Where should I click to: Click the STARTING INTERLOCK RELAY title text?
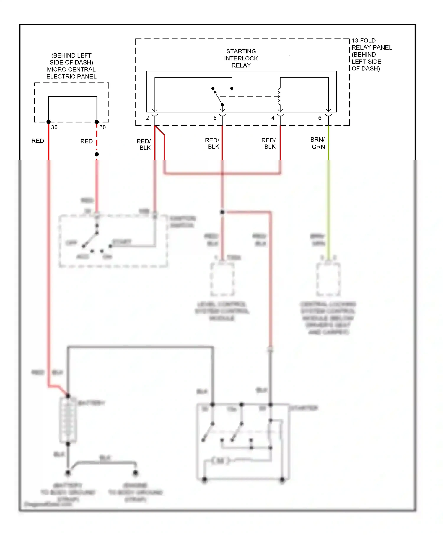pos(241,58)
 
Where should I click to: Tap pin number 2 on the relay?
pos(147,118)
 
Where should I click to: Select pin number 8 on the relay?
pos(215,118)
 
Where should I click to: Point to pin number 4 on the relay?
pos(273,118)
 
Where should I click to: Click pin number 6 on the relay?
pos(320,118)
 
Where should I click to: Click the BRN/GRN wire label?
pos(318,143)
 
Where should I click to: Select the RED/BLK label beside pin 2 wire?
pos(144,144)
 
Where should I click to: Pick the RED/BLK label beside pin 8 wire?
pos(212,143)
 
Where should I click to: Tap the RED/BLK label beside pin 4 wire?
pos(268,143)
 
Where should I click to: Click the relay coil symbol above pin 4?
pos(279,97)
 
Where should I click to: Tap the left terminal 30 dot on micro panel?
pos(48,122)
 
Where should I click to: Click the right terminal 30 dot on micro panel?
pos(97,122)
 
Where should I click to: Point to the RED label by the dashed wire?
pos(86,141)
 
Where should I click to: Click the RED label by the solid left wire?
pos(38,141)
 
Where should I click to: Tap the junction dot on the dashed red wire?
pos(97,154)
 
